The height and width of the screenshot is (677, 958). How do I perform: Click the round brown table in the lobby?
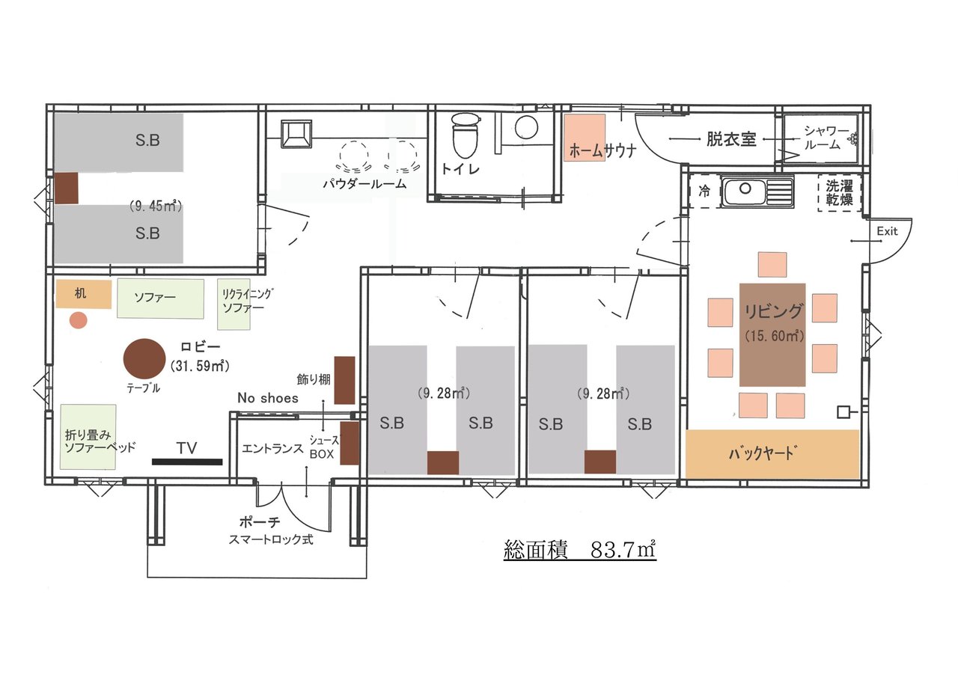pos(144,359)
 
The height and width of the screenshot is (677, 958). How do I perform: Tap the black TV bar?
pos(187,462)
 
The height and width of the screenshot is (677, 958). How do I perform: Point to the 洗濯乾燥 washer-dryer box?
pos(839,193)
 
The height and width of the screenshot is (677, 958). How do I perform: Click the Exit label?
pos(887,231)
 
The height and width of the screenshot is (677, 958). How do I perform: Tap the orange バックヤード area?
pos(772,454)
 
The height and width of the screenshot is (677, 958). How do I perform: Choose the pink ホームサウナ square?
pos(585,137)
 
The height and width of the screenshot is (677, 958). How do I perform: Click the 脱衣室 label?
pos(731,139)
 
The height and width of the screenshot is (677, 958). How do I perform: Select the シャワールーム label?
pos(826,138)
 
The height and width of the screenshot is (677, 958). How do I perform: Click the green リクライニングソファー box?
pos(234,304)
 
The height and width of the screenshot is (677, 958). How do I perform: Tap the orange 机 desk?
pos(84,294)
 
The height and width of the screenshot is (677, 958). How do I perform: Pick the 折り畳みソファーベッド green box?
pos(88,437)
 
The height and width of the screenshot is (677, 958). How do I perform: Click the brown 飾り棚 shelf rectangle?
pos(344,380)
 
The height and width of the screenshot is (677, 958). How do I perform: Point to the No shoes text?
pos(268,398)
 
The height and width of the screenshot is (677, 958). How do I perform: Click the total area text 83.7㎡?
pos(623,550)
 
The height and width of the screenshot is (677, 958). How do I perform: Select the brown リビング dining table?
pos(772,334)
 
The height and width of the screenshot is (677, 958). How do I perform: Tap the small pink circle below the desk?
pos(79,320)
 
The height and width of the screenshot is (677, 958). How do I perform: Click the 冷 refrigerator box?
pos(704,192)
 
